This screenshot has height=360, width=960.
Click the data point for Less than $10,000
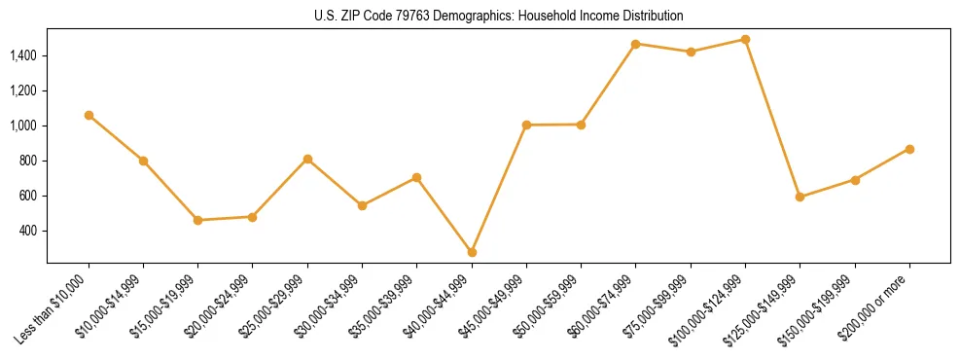point(89,115)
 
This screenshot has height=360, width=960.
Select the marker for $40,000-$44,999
point(472,252)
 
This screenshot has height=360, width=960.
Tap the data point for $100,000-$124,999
point(745,40)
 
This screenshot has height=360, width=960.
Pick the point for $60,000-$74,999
point(635,44)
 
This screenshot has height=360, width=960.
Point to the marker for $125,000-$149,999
point(800,197)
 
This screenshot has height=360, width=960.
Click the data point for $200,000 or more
point(909,149)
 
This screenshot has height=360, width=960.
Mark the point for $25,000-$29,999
point(307,159)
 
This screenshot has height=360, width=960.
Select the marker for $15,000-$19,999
point(198,220)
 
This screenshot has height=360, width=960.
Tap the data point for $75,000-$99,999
point(691,52)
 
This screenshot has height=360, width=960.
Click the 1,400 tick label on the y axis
point(23,55)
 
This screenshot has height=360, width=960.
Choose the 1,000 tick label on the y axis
point(23,126)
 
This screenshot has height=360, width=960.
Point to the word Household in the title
point(544,17)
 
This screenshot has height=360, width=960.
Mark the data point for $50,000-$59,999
point(581,125)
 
